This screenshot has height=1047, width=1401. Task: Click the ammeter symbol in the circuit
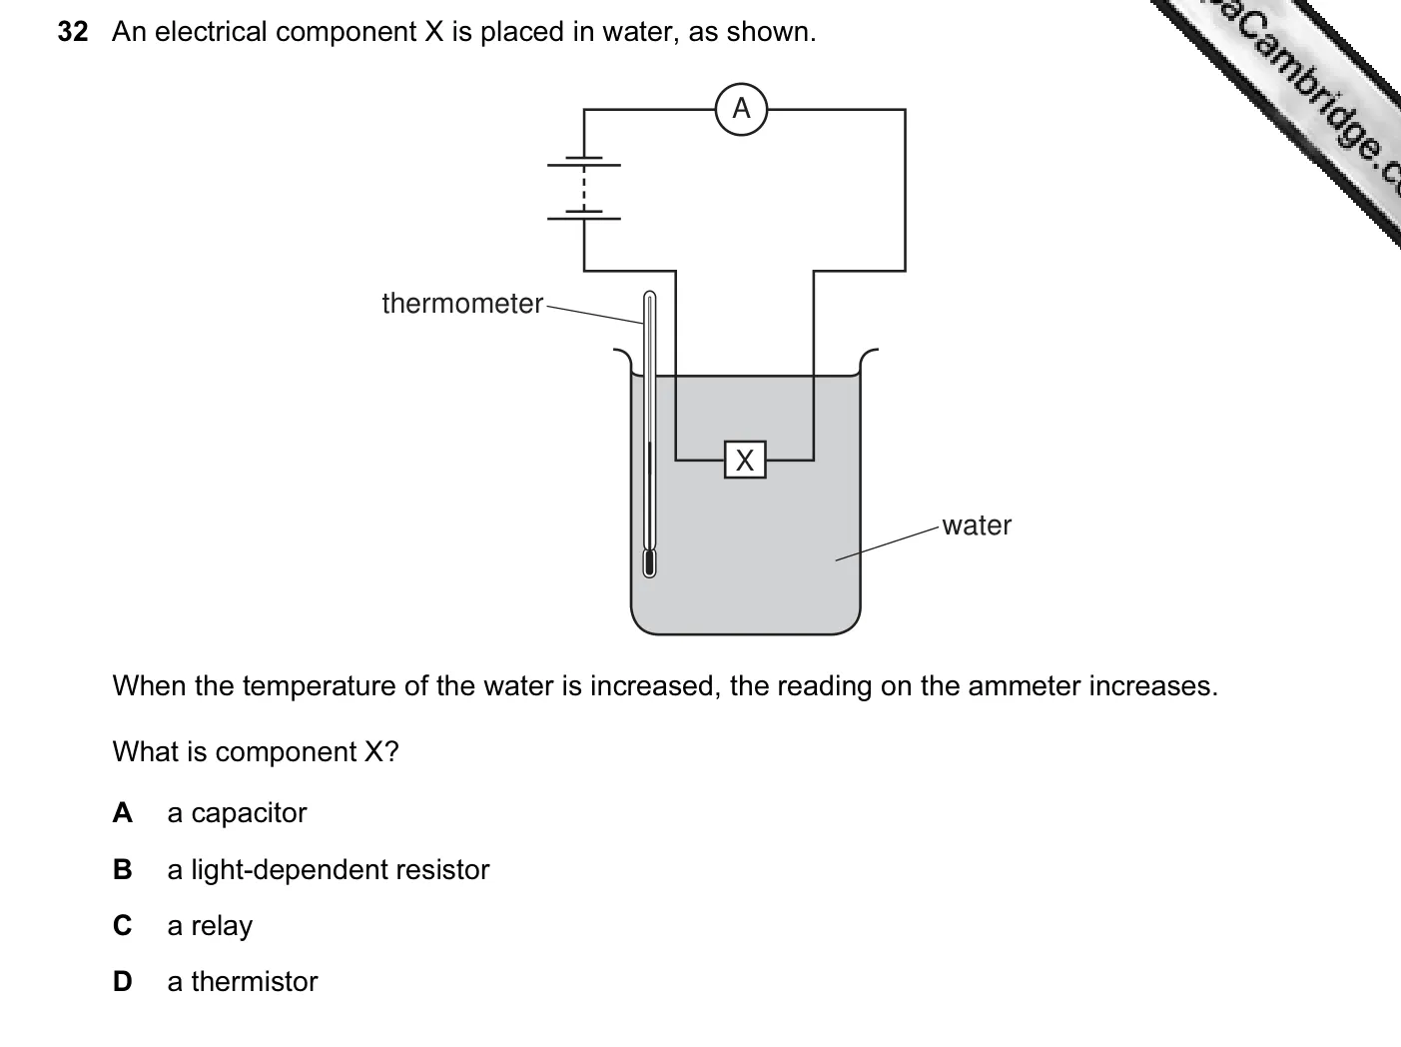(x=741, y=109)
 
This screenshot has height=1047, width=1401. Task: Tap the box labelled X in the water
(x=745, y=460)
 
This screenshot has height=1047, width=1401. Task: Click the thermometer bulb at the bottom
(x=649, y=563)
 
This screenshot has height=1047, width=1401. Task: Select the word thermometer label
(x=462, y=304)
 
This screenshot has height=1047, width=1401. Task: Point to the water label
(x=977, y=526)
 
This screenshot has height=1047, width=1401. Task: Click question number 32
(x=73, y=31)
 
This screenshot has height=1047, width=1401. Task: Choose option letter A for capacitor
(x=123, y=812)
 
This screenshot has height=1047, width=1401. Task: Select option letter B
(x=123, y=869)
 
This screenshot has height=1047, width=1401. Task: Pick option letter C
(x=123, y=926)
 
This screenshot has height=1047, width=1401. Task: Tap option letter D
(x=123, y=982)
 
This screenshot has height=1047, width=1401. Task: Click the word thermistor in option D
(x=254, y=982)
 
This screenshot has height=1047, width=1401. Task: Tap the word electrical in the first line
(x=211, y=32)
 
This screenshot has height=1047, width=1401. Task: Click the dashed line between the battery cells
(x=584, y=189)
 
